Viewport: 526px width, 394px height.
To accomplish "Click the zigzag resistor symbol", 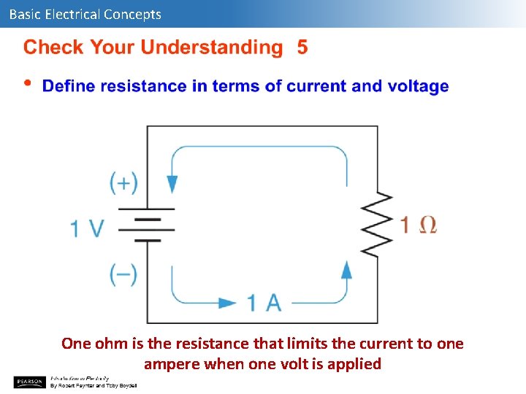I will tap(377, 225).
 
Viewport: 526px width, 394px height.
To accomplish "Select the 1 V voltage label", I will tap(87, 228).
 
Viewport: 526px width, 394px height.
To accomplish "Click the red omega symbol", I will tap(428, 225).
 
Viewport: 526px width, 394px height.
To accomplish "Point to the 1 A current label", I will tap(264, 302).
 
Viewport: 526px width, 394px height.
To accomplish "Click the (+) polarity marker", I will tap(123, 182).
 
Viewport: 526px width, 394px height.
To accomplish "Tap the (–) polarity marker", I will tap(123, 274).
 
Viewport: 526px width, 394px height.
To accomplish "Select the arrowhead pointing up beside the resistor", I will tap(347, 269).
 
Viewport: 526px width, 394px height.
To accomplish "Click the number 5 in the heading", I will tap(302, 48).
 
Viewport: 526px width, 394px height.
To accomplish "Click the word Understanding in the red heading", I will tap(211, 48).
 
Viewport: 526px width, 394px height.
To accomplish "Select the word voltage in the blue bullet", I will tap(418, 86).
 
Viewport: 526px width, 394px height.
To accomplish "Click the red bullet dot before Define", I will tap(28, 82).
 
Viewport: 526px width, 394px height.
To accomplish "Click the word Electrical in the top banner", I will tap(72, 14).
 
